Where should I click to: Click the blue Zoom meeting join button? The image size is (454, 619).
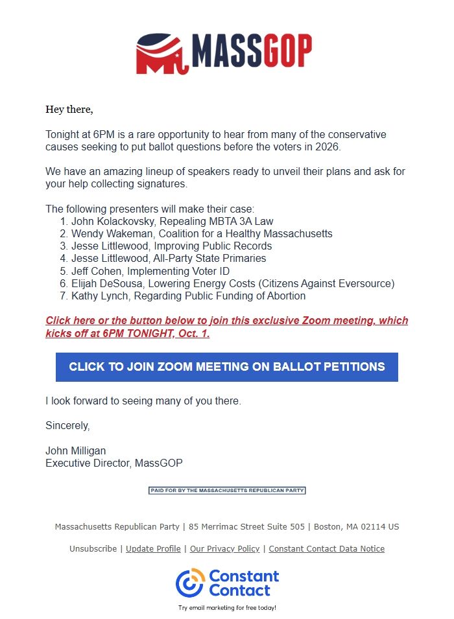[x=226, y=367]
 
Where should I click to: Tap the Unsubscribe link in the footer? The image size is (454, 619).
[x=93, y=549]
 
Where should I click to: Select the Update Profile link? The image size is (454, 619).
[x=153, y=549]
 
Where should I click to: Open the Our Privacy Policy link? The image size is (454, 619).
[x=224, y=549]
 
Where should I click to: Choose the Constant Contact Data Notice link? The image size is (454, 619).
[x=326, y=549]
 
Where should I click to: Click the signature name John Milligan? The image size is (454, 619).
[x=75, y=450]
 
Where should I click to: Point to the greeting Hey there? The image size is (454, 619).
[x=69, y=110]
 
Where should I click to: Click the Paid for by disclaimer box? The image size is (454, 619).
[x=226, y=490]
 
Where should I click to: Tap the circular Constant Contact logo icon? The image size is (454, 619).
[x=190, y=582]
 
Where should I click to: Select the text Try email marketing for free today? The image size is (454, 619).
[x=227, y=608]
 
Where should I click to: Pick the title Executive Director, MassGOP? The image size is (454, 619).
[x=114, y=463]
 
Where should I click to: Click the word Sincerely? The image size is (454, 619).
[x=67, y=426]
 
